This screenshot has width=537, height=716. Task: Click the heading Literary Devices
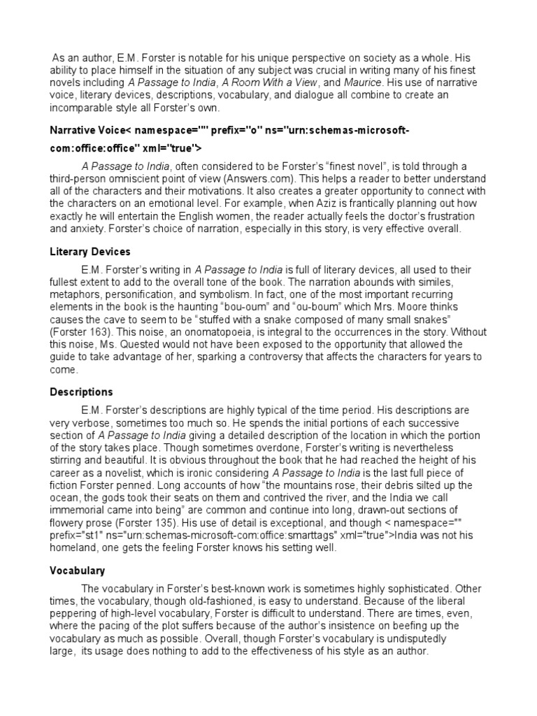(x=90, y=252)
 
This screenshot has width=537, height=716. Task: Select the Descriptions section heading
(x=81, y=392)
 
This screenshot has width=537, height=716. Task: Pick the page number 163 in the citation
(x=92, y=332)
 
